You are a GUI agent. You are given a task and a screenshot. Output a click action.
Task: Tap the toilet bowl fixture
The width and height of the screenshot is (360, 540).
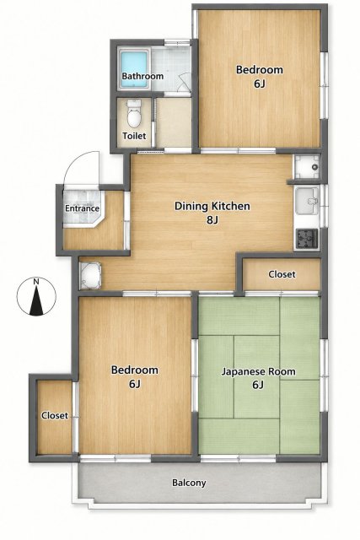point(134,113)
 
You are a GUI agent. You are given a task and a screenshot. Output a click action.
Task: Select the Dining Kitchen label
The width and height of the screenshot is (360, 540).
point(212,206)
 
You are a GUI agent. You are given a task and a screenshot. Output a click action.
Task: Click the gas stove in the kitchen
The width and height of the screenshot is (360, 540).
point(307,238)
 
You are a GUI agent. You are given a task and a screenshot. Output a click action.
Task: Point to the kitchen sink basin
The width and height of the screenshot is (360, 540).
point(307,201)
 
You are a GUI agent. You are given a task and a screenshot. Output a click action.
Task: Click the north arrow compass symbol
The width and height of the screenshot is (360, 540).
point(36,296)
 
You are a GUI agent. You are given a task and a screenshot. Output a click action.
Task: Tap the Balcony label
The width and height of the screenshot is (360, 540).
point(189,483)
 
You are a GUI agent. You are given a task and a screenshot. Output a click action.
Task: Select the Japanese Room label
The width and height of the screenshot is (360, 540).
point(258,372)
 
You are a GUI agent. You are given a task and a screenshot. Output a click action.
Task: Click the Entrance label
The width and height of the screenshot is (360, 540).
point(83,208)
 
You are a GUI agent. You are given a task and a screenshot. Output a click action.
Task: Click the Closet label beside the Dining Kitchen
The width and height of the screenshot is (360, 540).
point(282,274)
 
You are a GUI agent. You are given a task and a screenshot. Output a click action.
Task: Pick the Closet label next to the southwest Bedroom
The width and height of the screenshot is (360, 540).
point(55,416)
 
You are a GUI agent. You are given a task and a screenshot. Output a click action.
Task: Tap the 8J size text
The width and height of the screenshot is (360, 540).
point(212,219)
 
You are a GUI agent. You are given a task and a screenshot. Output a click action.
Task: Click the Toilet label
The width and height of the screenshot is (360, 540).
point(134,136)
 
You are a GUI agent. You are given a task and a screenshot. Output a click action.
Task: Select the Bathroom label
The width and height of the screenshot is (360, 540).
point(142,76)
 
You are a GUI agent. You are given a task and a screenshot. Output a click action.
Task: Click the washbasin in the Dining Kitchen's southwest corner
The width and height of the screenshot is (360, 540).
point(90,276)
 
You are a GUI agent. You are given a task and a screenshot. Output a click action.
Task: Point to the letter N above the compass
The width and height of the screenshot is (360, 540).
point(36,282)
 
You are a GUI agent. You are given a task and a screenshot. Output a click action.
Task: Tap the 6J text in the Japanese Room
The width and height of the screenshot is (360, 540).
point(258,385)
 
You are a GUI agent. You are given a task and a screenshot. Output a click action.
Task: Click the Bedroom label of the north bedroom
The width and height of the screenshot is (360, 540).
point(260,70)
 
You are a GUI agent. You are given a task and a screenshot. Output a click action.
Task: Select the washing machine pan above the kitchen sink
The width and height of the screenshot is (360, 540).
point(307,167)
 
